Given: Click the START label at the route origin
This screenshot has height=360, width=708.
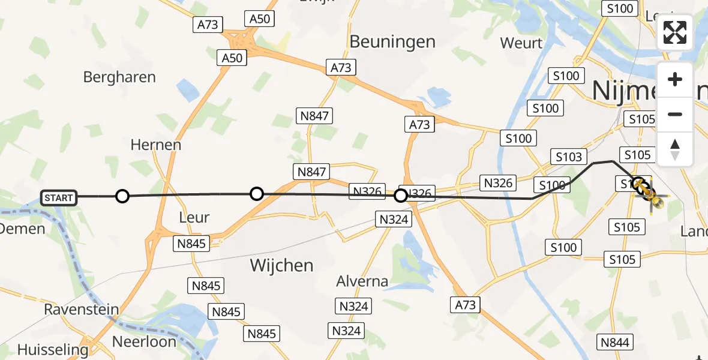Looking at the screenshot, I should (x=59, y=197).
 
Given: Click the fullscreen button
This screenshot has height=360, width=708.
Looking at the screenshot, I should (x=675, y=32).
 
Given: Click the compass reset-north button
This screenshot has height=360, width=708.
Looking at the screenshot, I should (x=675, y=149).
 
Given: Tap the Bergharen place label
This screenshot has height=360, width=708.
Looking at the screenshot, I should (x=119, y=77).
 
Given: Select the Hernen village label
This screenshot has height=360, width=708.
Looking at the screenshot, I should (x=156, y=145).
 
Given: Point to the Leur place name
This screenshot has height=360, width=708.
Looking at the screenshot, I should (x=194, y=217).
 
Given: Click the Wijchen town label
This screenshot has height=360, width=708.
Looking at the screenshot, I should (x=282, y=265).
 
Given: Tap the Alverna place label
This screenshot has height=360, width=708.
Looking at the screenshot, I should (x=362, y=281).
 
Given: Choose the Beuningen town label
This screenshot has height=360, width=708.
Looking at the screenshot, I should (x=392, y=41).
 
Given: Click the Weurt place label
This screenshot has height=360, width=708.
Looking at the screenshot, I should (x=521, y=43).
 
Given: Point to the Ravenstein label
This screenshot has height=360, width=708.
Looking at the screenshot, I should (x=81, y=310).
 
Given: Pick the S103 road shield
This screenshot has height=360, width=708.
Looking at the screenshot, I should (x=569, y=157).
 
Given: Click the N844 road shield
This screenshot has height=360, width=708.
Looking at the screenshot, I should (x=615, y=342).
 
